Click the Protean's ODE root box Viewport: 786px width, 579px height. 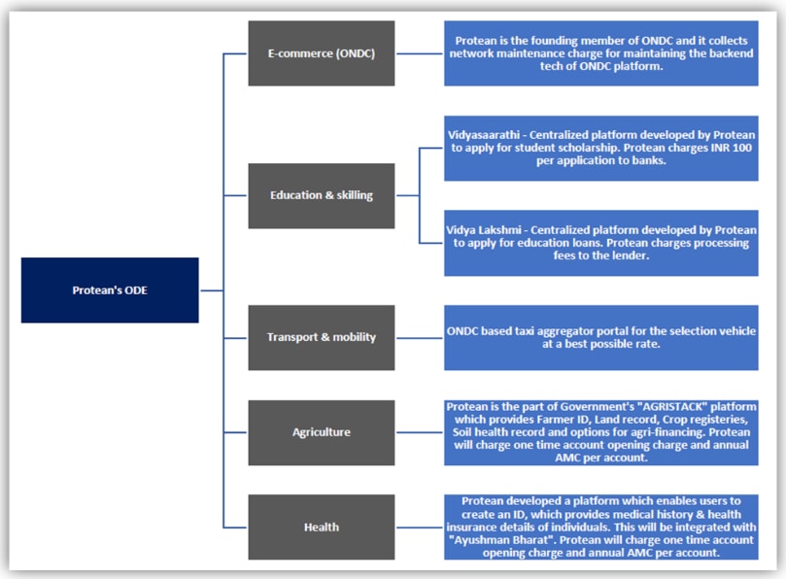(x=109, y=289)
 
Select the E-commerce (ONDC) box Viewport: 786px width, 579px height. (x=321, y=53)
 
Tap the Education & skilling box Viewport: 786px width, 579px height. (x=321, y=195)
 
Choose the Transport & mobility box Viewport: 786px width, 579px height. (x=321, y=337)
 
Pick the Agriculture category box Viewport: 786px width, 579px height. (x=321, y=431)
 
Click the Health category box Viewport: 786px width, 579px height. (x=321, y=527)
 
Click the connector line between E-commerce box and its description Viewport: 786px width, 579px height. (x=420, y=53)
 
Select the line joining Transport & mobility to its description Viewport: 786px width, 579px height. (x=420, y=337)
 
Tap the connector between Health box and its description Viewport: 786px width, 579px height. (x=420, y=527)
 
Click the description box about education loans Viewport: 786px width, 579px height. (x=601, y=243)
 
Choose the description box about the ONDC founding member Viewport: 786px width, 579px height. (x=601, y=53)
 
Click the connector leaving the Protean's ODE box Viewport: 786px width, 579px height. (x=211, y=289)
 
